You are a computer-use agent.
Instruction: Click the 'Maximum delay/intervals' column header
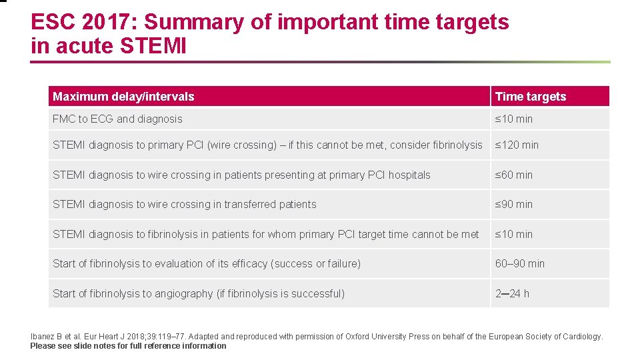[x=123, y=97]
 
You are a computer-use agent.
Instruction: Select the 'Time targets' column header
[x=531, y=97]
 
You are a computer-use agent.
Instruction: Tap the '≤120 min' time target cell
[x=517, y=145]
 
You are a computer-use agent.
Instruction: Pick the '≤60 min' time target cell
[x=513, y=175]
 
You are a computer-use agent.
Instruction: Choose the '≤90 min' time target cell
[x=513, y=204]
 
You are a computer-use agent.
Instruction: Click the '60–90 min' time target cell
[x=519, y=263]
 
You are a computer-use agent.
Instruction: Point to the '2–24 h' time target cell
[x=512, y=293]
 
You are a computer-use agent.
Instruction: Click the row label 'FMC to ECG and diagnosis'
[x=117, y=119]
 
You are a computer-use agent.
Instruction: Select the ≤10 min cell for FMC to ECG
[x=513, y=119]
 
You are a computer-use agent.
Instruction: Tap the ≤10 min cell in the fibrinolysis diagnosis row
[x=513, y=234]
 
